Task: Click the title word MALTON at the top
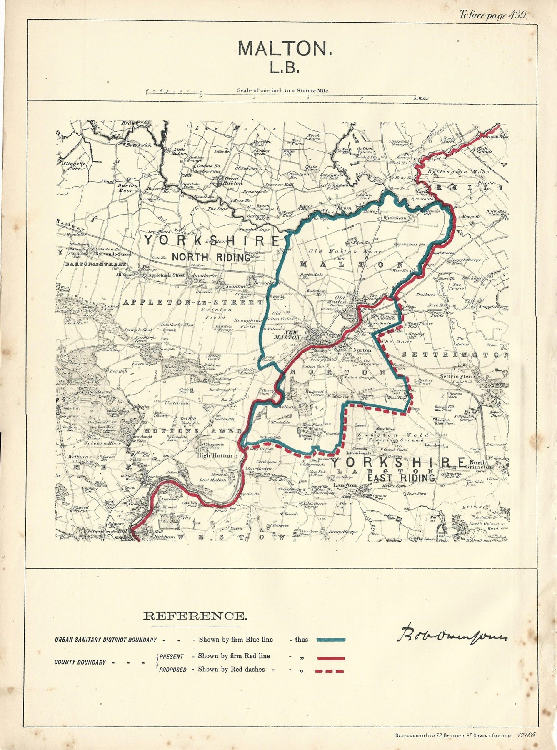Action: (x=285, y=49)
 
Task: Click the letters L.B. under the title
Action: (x=285, y=68)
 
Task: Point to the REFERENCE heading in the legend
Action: (x=195, y=616)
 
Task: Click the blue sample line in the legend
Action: (x=331, y=640)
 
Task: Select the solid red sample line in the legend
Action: (x=330, y=659)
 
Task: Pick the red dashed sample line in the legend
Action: (x=330, y=671)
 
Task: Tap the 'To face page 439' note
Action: (x=492, y=15)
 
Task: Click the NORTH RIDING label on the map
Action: (x=211, y=257)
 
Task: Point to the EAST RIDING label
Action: (x=401, y=478)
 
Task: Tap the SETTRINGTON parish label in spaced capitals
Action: (x=456, y=355)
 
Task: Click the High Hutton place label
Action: (x=215, y=455)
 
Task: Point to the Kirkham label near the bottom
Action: (x=153, y=538)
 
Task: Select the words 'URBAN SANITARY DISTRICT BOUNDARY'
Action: (x=105, y=640)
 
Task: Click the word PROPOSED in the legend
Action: (x=173, y=670)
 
